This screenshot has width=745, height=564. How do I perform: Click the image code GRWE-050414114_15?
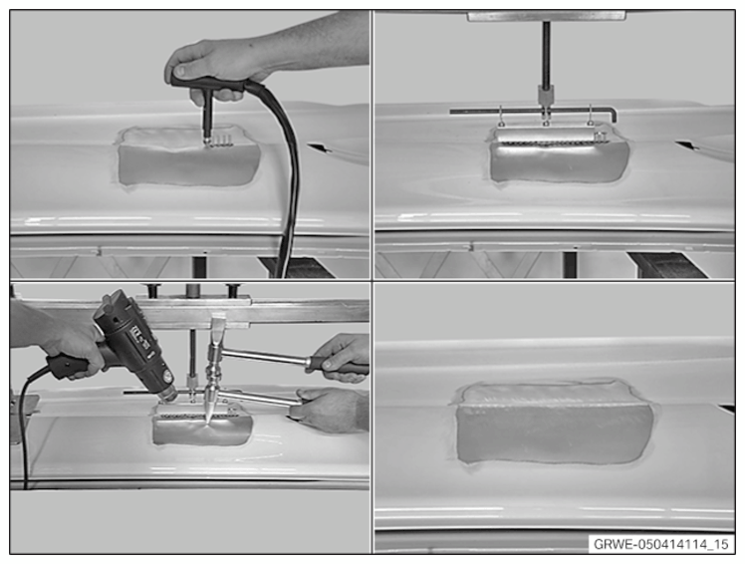tap(661, 544)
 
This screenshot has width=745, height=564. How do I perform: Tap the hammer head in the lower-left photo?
tap(215, 353)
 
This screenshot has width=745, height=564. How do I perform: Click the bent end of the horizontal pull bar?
tap(613, 115)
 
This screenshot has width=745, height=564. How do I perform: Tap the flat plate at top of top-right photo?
tap(547, 16)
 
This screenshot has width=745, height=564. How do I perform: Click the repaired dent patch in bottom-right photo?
tap(554, 423)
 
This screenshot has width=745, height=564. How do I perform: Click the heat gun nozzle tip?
tap(168, 394)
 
